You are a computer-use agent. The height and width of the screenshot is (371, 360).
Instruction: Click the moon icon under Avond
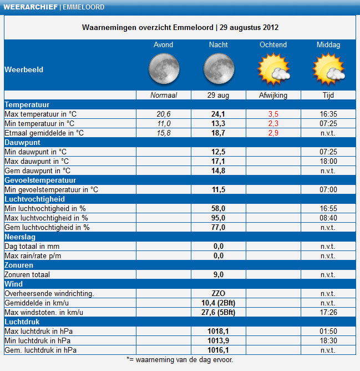164,69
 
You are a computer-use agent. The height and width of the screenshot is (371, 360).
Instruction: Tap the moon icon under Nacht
219,69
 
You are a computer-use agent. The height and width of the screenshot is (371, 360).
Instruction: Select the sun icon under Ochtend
273,69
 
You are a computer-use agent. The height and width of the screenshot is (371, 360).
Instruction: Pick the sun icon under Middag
328,69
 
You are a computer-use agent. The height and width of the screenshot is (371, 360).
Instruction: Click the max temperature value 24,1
218,114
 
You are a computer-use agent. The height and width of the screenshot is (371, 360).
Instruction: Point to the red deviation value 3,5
273,114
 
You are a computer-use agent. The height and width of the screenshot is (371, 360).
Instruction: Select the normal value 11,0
164,123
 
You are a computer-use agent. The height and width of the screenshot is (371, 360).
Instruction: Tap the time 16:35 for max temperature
328,114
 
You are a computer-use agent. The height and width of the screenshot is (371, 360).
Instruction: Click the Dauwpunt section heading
22,142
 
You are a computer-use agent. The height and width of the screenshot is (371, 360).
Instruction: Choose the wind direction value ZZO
219,293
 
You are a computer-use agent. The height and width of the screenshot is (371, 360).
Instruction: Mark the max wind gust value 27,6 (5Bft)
219,312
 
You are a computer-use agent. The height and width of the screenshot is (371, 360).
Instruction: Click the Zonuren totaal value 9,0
219,274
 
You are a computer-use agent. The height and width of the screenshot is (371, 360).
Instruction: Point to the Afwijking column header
273,95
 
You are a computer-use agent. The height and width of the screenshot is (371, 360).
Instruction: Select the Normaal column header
164,95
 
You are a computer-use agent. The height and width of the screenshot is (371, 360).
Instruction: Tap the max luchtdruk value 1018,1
218,331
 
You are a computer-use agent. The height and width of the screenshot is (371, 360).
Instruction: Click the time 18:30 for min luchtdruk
328,340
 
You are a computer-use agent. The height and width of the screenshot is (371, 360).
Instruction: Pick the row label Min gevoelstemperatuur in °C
51,189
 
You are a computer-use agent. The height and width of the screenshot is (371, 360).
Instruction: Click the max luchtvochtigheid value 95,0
218,218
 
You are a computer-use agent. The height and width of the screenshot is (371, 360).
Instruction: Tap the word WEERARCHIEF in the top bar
31,7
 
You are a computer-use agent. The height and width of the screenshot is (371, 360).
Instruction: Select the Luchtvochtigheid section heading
35,199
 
